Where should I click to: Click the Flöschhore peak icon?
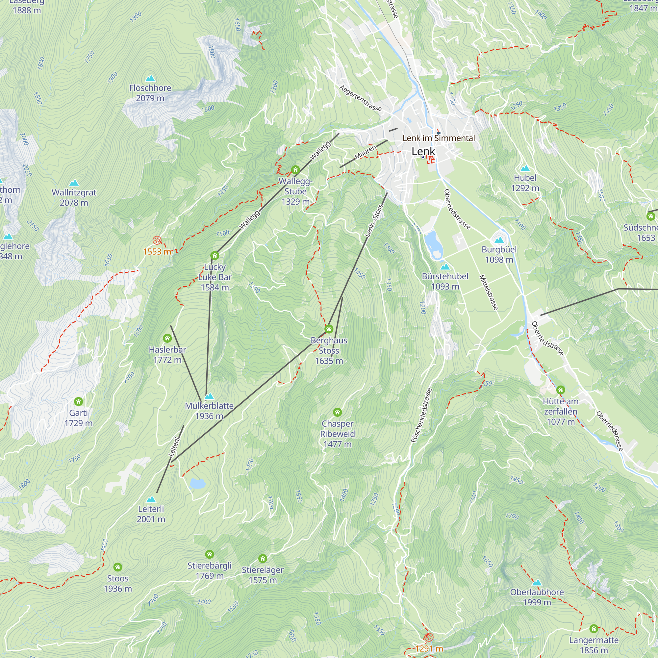tap(150, 79)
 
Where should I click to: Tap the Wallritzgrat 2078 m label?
tap(74, 197)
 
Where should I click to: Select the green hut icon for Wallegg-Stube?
tap(295, 170)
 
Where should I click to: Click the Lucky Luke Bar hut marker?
tap(214, 255)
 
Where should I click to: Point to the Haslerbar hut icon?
tap(167, 338)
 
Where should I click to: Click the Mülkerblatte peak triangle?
tap(209, 396)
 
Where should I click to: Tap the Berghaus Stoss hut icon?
tap(329, 329)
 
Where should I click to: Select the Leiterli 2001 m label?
tap(151, 514)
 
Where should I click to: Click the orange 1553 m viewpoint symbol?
tap(157, 240)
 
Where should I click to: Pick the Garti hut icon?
tap(79, 401)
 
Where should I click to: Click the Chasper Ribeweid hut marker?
tap(337, 413)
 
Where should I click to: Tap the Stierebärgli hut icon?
tap(210, 554)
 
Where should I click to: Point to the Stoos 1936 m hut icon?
tap(118, 567)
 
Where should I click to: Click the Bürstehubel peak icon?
tap(445, 267)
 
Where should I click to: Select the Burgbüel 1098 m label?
tap(499, 254)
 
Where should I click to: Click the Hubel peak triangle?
tap(525, 168)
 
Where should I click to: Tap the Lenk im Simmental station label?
tap(439, 138)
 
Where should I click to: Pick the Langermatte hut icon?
tap(594, 628)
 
